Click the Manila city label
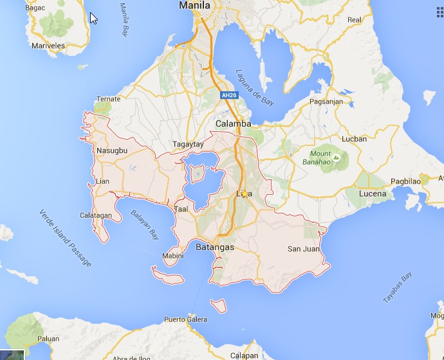click(195, 5)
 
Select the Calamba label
click(232, 123)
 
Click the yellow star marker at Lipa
click(245, 194)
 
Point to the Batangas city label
click(215, 247)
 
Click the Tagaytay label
click(187, 145)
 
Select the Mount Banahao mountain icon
click(336, 155)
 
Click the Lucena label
click(373, 194)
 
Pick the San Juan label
click(302, 249)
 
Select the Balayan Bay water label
click(144, 222)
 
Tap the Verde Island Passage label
click(65, 238)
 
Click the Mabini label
click(172, 256)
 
